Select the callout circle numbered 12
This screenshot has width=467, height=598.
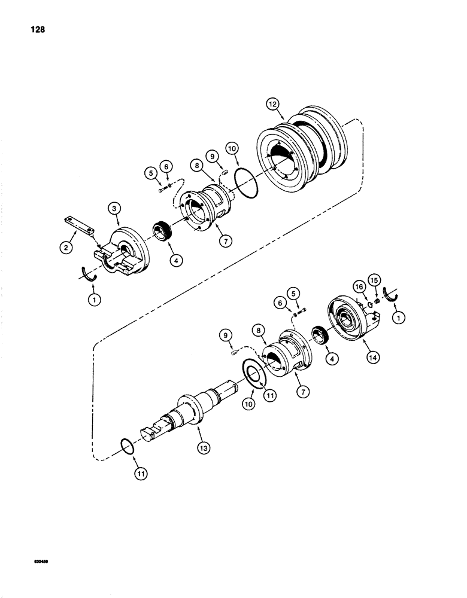click(x=274, y=105)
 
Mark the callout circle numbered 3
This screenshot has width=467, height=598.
click(x=115, y=208)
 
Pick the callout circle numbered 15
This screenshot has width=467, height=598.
click(x=375, y=280)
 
